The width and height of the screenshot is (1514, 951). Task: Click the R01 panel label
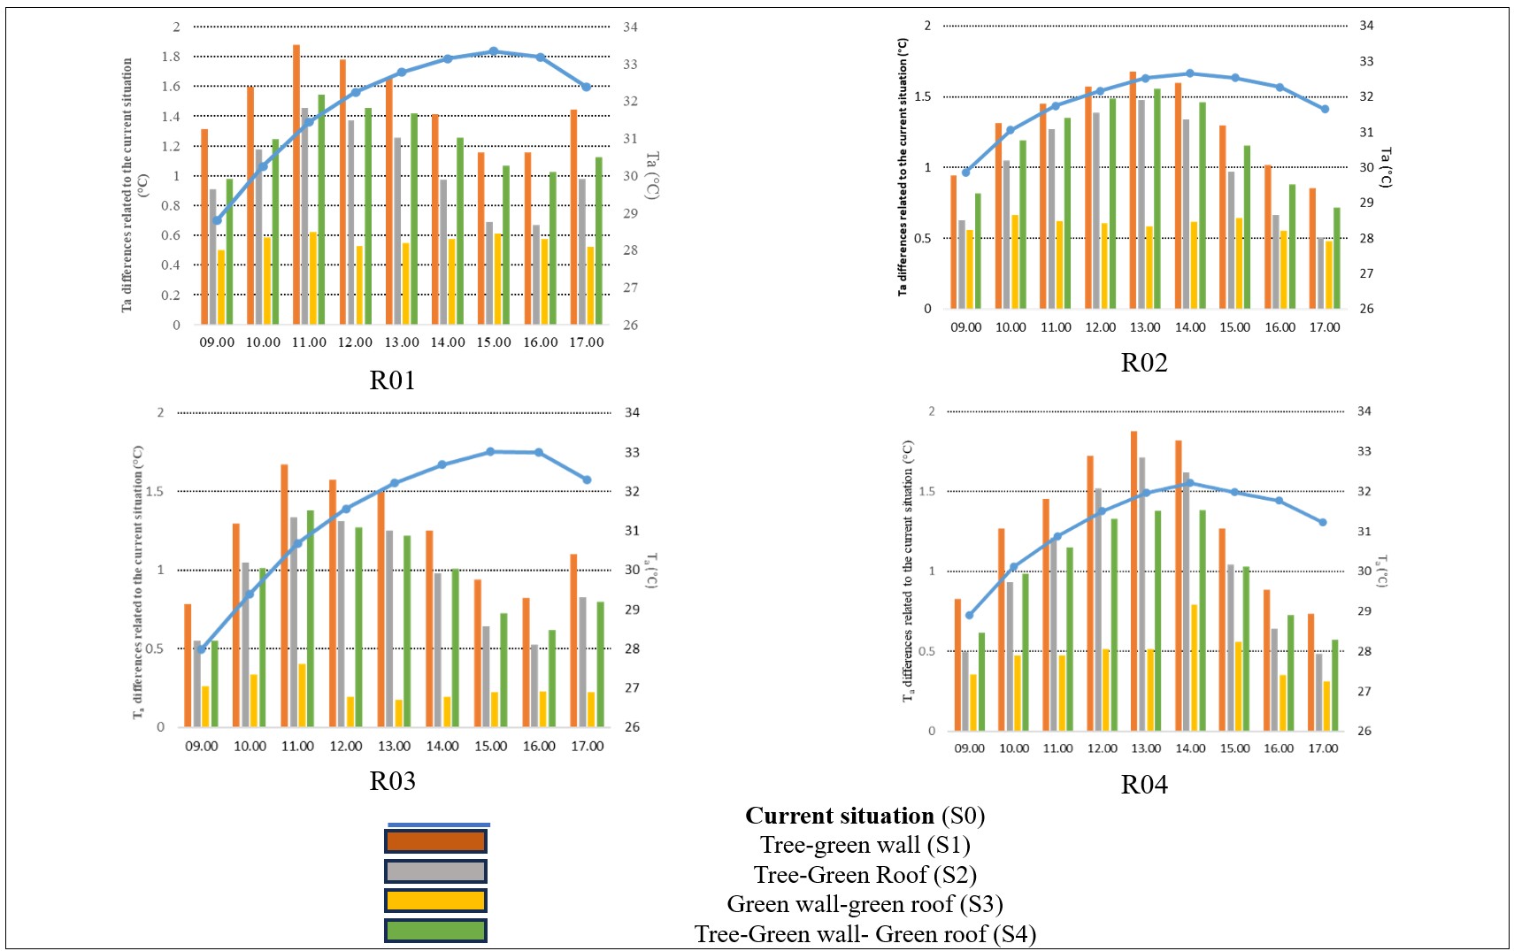392,380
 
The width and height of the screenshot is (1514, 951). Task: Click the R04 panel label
1143,785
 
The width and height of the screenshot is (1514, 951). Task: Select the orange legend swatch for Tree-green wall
435,841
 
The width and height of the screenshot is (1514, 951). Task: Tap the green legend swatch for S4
435,931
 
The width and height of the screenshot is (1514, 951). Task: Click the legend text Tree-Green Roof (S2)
865,875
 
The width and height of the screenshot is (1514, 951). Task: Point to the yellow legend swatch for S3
435,901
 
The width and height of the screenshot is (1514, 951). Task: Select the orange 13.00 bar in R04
1134,580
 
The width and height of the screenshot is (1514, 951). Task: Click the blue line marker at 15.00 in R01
494,51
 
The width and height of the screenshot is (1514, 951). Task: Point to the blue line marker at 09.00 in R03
202,649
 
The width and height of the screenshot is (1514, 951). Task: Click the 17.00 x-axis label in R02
1324,327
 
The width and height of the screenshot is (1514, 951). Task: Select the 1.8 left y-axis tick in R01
171,57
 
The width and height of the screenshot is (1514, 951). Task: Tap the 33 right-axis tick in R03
632,452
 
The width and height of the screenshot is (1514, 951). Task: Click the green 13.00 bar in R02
1157,198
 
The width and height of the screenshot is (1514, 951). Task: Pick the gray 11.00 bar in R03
294,622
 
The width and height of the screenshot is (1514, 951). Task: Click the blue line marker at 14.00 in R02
1190,73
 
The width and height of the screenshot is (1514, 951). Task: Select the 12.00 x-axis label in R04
1102,748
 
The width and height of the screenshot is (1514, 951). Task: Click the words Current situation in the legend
839,816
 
